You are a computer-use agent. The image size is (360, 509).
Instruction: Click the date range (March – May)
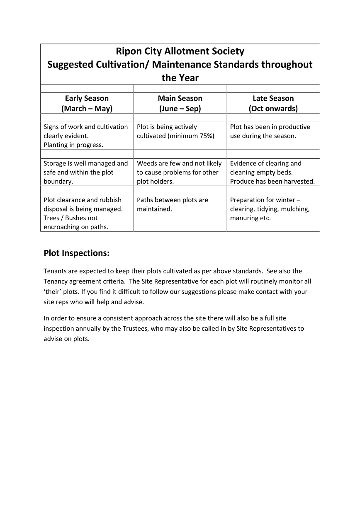click(87, 109)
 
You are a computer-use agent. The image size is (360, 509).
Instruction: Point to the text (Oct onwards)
click(273, 109)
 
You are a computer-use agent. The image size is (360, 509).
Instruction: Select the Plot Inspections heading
click(77, 253)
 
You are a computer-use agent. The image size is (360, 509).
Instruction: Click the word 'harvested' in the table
click(299, 182)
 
